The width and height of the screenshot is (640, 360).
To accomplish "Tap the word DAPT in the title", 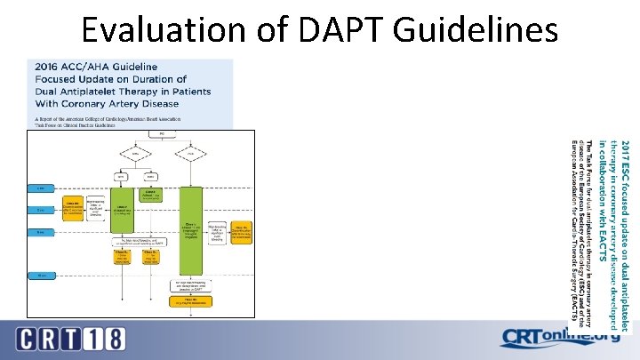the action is (x=332, y=31).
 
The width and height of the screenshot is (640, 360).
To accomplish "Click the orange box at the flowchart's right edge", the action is (x=242, y=229).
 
